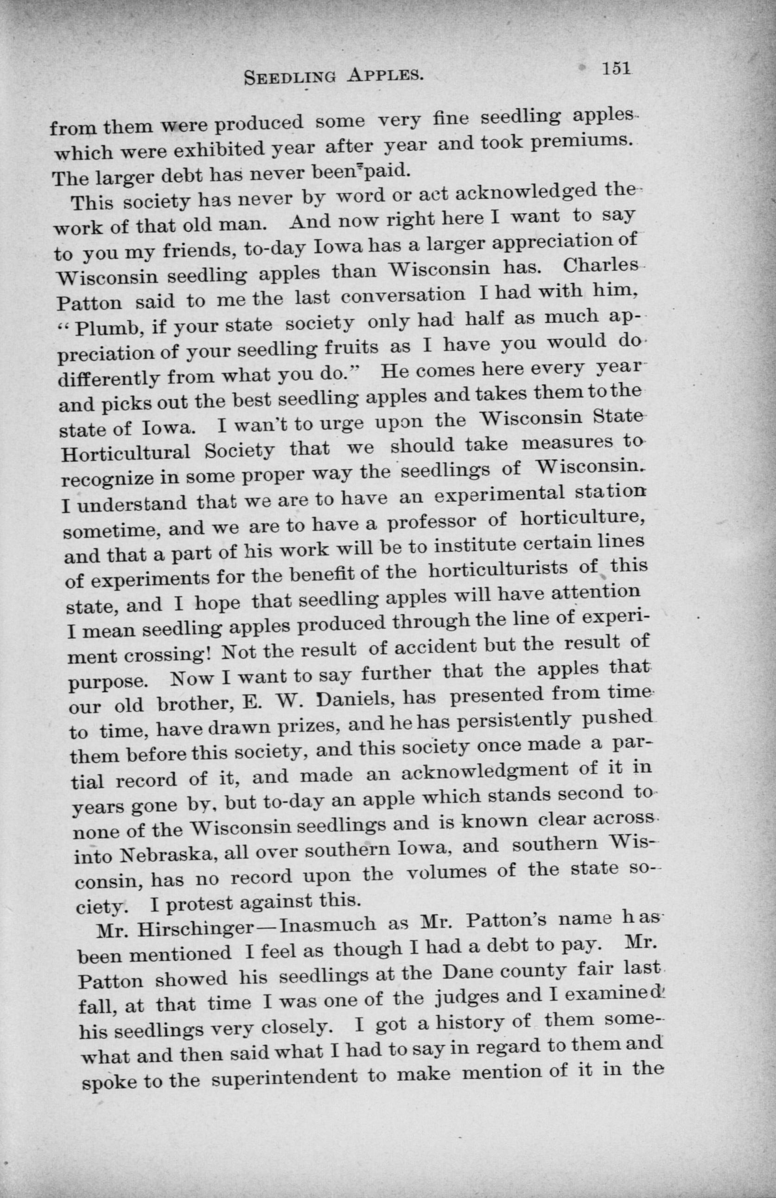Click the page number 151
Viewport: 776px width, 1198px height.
(x=615, y=69)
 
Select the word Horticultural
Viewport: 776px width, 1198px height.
(x=125, y=452)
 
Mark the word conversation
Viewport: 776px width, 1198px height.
(x=402, y=295)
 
